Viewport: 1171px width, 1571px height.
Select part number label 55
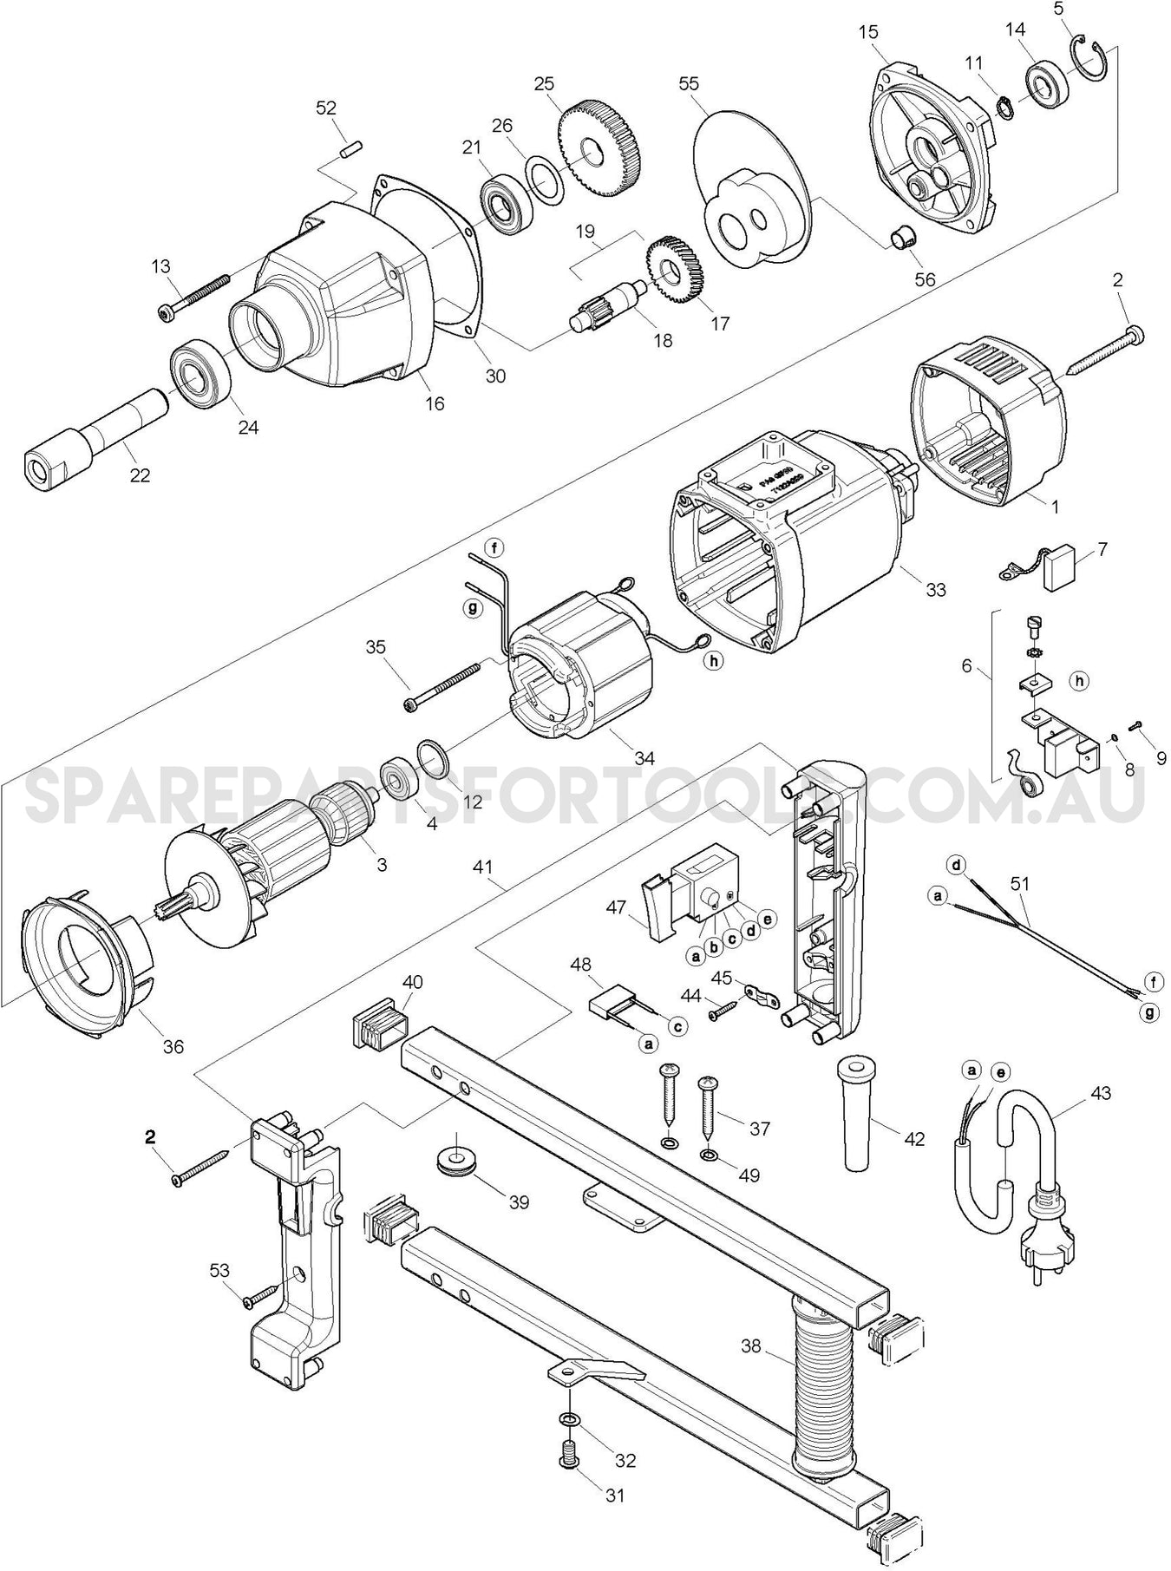click(x=689, y=84)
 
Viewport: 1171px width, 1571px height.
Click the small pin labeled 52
click(x=350, y=147)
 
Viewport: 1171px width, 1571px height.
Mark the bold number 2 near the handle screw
click(x=150, y=1136)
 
